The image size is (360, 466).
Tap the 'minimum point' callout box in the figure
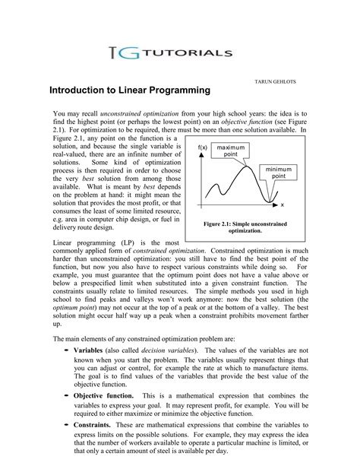click(280, 171)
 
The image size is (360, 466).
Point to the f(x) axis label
click(202, 146)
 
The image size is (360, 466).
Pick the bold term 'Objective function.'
click(104, 396)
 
